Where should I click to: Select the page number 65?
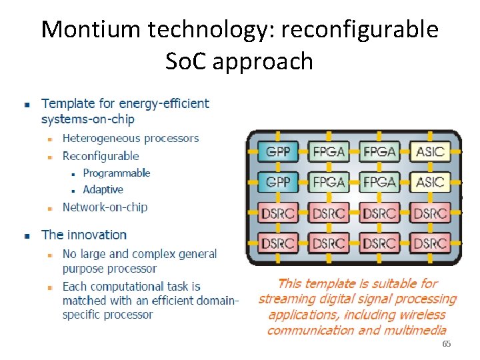pos(447,344)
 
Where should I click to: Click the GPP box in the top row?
pos(278,152)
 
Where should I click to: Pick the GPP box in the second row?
pos(278,182)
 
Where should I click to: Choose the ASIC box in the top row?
pos(429,152)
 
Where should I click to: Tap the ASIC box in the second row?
pos(429,182)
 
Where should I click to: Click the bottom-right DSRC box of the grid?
pos(429,243)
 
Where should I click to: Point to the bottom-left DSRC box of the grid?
pos(278,243)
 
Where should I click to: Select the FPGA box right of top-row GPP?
pos(329,152)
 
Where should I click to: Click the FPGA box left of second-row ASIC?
pos(379,182)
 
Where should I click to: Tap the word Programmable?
pos(117,173)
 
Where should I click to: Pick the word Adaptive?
pos(103,190)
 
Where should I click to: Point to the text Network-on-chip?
pos(105,207)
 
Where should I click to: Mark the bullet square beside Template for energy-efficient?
pos(26,105)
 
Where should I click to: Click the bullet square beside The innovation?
pos(26,236)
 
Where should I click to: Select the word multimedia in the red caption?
pos(413,330)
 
